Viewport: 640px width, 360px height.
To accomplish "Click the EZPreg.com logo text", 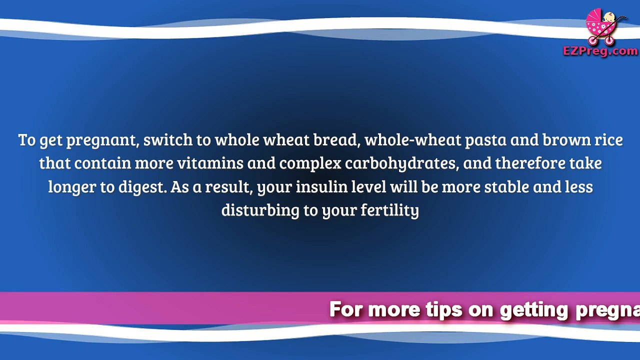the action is click(600, 51).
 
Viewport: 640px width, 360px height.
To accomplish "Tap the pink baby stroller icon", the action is click(603, 27).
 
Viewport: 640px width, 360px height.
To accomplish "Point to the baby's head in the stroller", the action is click(608, 17).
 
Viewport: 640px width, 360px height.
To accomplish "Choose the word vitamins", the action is click(210, 163).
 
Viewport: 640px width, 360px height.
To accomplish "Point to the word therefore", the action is click(530, 163).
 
